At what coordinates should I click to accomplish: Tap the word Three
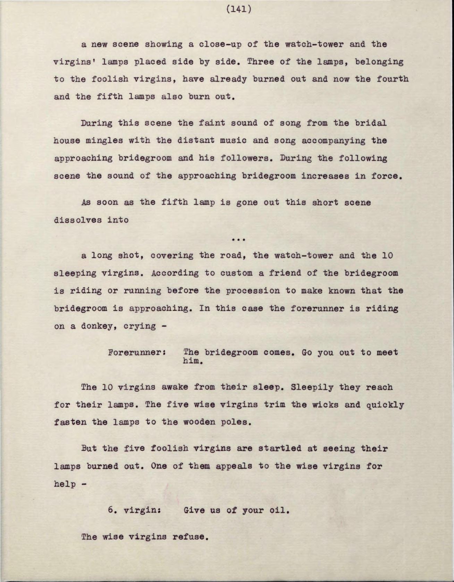tap(261, 62)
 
